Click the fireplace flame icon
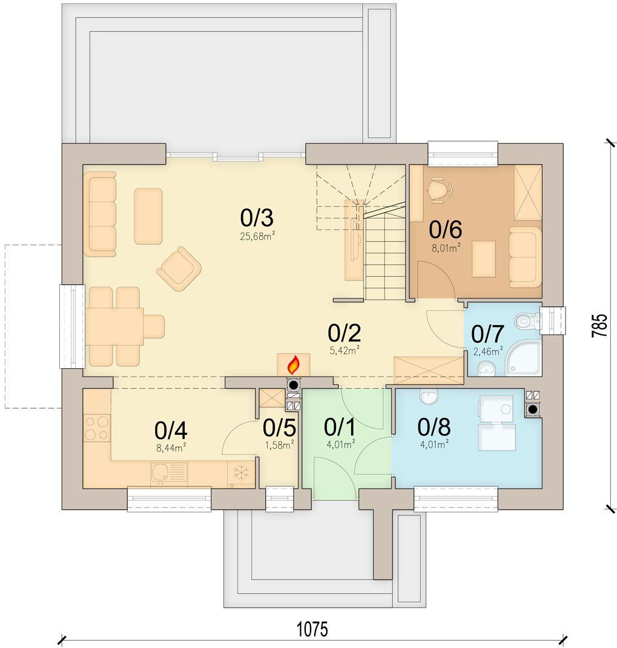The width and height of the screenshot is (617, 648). point(294,365)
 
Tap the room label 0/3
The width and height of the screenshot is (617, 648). point(257,218)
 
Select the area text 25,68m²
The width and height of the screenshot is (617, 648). point(257,236)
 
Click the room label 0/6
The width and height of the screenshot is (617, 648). point(445,230)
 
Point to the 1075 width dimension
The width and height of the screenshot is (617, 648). point(312,629)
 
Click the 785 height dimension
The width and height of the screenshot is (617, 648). point(600,325)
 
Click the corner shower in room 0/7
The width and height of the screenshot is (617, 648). point(524,357)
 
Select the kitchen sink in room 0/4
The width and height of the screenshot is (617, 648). point(169,473)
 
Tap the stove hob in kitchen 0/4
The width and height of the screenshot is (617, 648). point(96,428)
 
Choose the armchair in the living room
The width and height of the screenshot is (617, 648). point(179,269)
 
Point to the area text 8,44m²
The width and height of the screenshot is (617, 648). point(171,447)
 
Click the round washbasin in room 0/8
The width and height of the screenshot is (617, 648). point(429,396)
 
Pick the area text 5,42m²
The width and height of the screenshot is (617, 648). point(345,351)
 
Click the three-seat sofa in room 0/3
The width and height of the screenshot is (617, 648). point(99,214)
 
